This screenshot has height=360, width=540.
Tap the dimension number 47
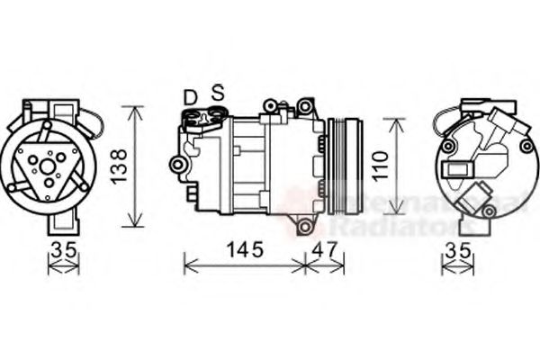coord(324,251)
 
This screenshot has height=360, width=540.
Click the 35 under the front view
coord(62,251)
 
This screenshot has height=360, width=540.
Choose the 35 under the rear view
coord(458,251)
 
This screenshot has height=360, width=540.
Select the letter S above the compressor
coord(217,93)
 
